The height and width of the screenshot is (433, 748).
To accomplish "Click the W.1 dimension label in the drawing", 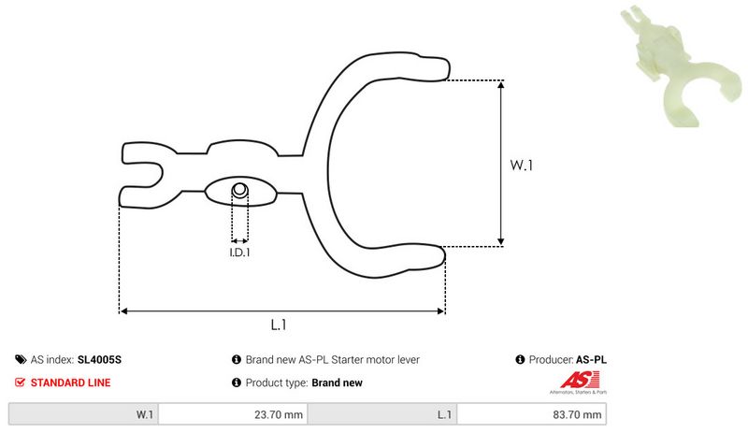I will [x=521, y=166].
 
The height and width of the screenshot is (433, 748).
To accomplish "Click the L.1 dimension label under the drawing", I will [x=278, y=325].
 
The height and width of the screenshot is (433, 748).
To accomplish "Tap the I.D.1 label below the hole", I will [x=240, y=252].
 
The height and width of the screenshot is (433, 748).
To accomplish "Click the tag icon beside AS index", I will [x=21, y=359].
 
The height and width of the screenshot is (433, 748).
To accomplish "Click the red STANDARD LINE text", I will [x=70, y=382].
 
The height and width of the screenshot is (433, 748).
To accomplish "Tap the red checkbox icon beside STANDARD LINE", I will [x=21, y=382].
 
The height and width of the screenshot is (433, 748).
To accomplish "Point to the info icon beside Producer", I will [x=520, y=359].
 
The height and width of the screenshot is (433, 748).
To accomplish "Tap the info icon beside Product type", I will [x=236, y=382].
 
